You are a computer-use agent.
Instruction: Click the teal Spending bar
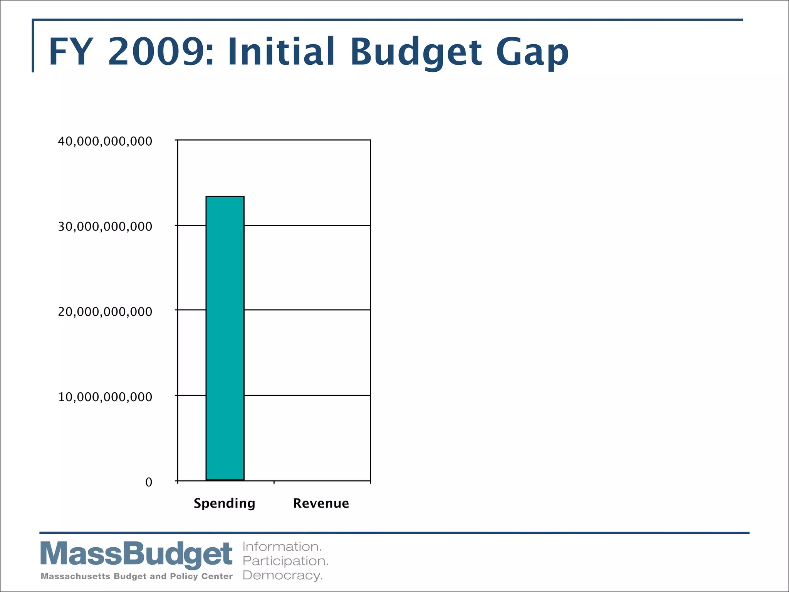pos(225,338)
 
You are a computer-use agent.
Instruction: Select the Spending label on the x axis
pos(224,503)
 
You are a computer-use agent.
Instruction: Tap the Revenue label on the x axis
pos(321,503)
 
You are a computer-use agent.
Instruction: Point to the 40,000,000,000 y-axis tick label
pos(105,141)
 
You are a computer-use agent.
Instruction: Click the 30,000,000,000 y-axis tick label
pos(105,227)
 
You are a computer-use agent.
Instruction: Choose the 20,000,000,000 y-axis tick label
pos(105,312)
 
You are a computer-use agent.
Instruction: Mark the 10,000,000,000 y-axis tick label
pos(105,397)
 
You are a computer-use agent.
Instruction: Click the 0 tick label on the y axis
pos(149,482)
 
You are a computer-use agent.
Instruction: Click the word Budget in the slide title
pos(416,52)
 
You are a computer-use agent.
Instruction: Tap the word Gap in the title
pos(532,52)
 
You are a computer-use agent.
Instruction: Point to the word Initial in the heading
pos(281,52)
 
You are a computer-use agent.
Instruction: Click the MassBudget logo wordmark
pos(136,554)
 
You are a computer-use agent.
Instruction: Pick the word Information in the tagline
pos(282,547)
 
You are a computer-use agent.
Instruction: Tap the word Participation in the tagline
pos(285,561)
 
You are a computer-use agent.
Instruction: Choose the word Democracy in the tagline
pos(282,575)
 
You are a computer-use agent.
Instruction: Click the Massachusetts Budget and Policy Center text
pos(136,576)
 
